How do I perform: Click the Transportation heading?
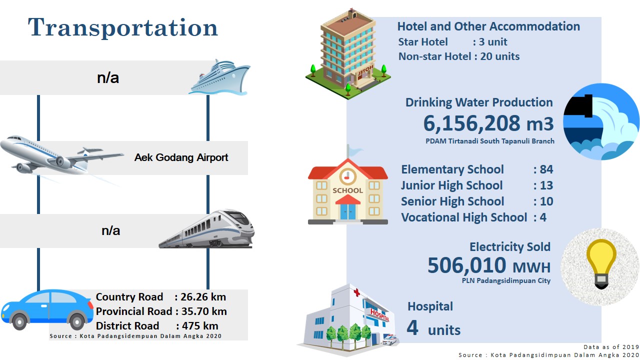123,27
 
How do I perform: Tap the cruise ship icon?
219,77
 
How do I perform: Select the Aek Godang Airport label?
181,157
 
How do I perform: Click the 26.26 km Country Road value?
203,297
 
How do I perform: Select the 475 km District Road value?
200,325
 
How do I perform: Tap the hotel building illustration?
348,54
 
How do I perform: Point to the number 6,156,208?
471,123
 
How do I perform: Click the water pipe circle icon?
601,121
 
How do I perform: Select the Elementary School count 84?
546,169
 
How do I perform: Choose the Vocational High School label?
464,217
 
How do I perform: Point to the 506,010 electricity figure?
467,265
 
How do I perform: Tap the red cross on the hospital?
356,292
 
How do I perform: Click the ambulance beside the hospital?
389,340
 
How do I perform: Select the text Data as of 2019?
611,347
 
